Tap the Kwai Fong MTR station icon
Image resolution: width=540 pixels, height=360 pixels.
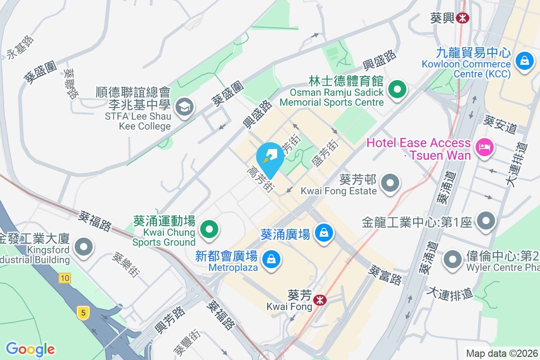tap(320, 300)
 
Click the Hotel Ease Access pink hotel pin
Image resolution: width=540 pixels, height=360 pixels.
tap(484, 147)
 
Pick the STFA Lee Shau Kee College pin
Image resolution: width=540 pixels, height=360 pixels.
tap(184, 107)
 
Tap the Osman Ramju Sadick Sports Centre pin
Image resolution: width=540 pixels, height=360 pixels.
tap(397, 89)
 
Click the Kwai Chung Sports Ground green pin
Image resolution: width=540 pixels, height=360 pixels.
tap(209, 229)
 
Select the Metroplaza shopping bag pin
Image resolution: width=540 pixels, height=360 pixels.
tap(271, 259)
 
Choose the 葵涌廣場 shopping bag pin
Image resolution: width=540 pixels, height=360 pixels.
tap(324, 233)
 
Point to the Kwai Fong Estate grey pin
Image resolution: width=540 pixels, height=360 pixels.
tap(390, 183)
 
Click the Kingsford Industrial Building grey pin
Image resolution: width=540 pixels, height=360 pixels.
tap(84, 247)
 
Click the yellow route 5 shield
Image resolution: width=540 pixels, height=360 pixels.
tap(82, 312)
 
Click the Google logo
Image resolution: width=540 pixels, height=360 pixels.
tap(31, 349)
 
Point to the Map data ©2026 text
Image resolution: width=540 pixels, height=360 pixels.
tap(501, 353)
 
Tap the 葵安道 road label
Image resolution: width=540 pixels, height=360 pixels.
tap(500, 124)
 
